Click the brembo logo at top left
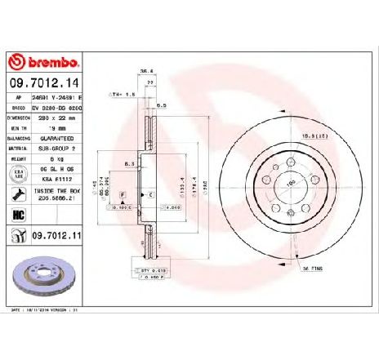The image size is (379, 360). [x=43, y=63]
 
